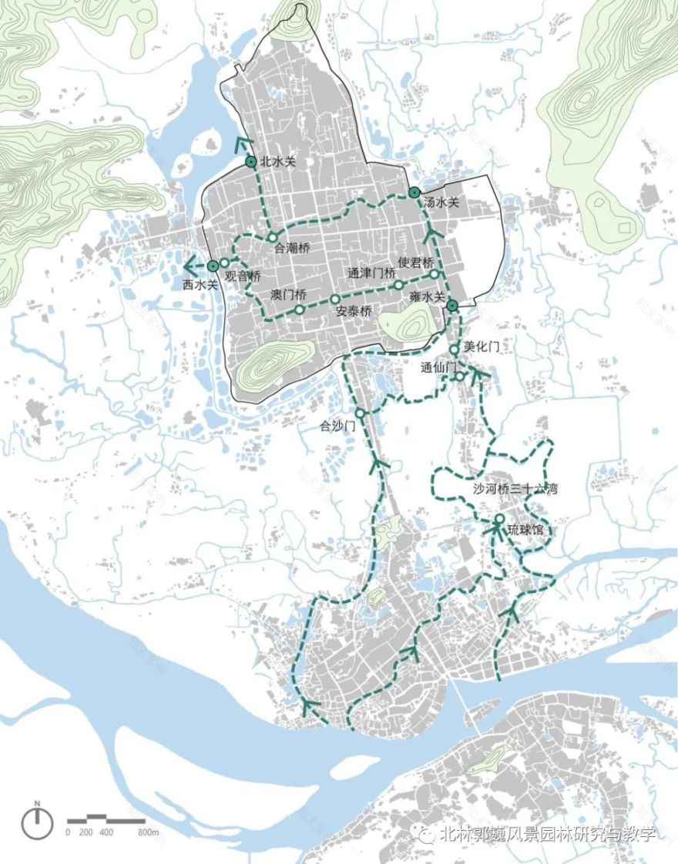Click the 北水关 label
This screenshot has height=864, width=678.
pos(278,162)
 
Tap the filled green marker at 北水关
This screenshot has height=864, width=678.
pos(250,162)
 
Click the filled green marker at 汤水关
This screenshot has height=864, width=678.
pos(415,192)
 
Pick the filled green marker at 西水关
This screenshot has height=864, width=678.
pos(213,266)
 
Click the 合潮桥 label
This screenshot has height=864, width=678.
pos(292,249)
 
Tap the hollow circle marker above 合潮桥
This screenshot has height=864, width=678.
pos(272,236)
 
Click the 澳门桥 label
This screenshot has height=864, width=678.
pos(289,296)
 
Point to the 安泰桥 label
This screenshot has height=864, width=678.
pos(354,313)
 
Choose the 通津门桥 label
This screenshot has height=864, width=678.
pos(371,273)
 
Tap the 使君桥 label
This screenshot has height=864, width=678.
pos(416,262)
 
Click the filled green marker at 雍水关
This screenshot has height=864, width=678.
pos(452,306)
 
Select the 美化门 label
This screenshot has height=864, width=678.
pos(482,348)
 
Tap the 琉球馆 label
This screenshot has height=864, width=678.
pos(525,531)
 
